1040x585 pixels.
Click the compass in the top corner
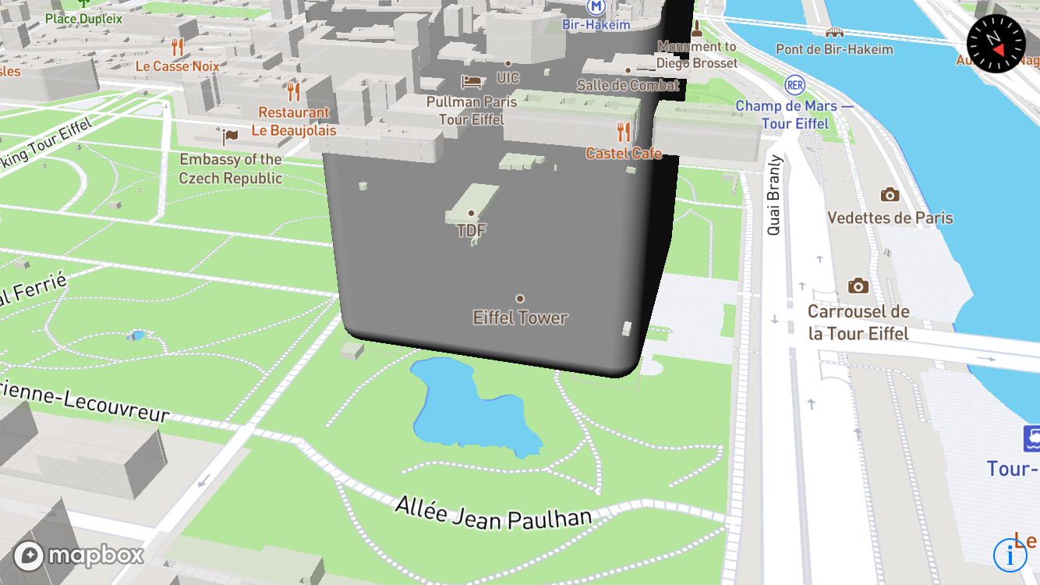[996, 44]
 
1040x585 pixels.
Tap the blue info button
[1010, 555]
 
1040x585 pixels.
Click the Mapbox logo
[79, 555]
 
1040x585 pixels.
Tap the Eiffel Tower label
[520, 317]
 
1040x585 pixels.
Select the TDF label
[472, 230]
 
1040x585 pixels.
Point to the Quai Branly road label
[774, 195]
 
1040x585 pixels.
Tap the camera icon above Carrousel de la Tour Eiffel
[858, 285]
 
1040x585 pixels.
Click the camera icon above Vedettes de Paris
[890, 194]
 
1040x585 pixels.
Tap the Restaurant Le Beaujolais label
[294, 122]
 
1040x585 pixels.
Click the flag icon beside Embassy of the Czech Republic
[230, 136]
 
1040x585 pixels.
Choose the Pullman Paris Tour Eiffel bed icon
[471, 80]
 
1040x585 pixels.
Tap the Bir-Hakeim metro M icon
[596, 7]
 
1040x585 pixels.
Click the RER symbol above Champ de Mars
[795, 86]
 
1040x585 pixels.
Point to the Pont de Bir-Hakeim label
[834, 49]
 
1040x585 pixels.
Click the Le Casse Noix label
[178, 66]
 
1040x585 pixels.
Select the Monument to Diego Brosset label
[696, 55]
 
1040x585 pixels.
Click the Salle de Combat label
[628, 85]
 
